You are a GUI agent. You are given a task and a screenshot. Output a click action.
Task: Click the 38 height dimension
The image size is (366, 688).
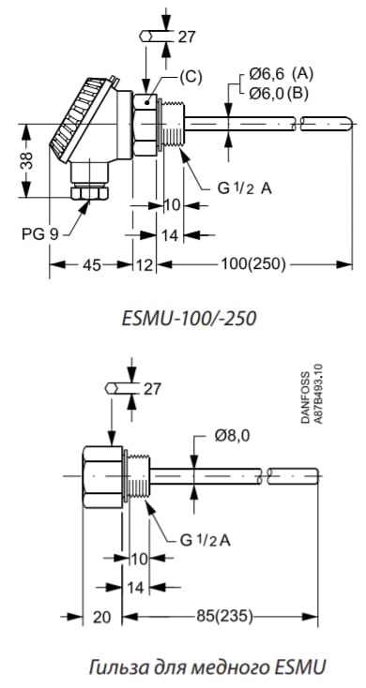pos(28,160)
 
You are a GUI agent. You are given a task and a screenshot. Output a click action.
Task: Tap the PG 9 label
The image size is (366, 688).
pos(40,234)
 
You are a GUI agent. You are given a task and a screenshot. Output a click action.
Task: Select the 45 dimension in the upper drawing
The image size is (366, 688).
pos(90,264)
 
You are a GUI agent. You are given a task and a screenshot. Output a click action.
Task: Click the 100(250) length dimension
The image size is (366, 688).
pos(253,264)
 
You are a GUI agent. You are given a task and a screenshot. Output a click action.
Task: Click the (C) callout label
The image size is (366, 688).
pos(191,77)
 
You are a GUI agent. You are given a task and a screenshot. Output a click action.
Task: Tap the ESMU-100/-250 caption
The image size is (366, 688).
pos(189,319)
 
